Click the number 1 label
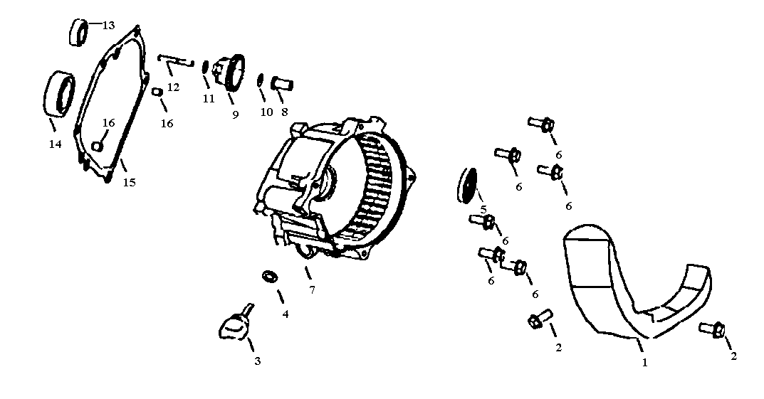(644, 363)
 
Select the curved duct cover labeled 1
(627, 284)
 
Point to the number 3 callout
(258, 361)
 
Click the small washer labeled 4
(269, 275)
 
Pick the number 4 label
(285, 314)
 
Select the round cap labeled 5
(466, 185)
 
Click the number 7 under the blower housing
(312, 289)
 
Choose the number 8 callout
(284, 112)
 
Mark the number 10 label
(266, 112)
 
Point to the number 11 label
(208, 99)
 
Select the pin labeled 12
(174, 61)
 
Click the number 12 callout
(173, 87)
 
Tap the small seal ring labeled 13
(78, 33)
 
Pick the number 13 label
(108, 26)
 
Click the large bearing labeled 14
(59, 93)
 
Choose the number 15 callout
(129, 182)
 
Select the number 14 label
(55, 144)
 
